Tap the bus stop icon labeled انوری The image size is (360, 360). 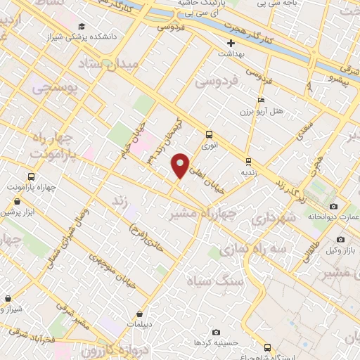209,134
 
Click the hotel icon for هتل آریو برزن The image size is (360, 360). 262,101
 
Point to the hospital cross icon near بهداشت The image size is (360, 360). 230,43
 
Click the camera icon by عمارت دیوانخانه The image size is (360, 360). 333,206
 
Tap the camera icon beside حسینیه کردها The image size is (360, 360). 216,332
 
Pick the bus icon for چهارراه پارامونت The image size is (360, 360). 30,176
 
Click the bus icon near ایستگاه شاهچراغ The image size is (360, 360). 266,347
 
